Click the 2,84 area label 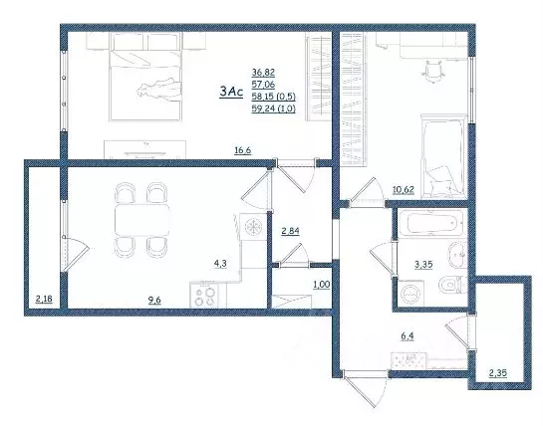290,231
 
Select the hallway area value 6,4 407,337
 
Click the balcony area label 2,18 44,298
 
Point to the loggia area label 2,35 498,374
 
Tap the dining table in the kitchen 138,217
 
